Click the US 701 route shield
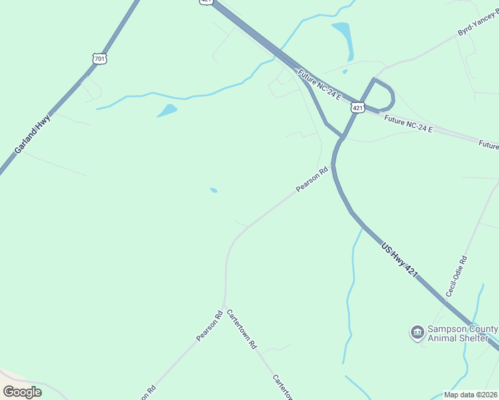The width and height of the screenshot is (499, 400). pyautogui.click(x=99, y=59)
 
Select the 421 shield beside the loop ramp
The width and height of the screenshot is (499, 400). pyautogui.click(x=358, y=107)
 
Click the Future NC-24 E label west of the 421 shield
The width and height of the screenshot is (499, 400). pyautogui.click(x=320, y=85)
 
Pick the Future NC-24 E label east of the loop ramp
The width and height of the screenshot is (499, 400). pyautogui.click(x=408, y=123)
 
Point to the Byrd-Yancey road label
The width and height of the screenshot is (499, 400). pyautogui.click(x=478, y=23)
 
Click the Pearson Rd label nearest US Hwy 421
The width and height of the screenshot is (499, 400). pyautogui.click(x=313, y=179)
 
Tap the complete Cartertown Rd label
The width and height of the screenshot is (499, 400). pyautogui.click(x=241, y=330)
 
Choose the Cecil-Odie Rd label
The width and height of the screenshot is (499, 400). pyautogui.click(x=457, y=277)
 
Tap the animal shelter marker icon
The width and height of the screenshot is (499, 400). pyautogui.click(x=417, y=332)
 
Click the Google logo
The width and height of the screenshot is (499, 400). pyautogui.click(x=22, y=391)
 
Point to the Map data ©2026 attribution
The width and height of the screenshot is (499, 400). pyautogui.click(x=471, y=395)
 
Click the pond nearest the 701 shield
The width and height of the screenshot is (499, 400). pyautogui.click(x=167, y=110)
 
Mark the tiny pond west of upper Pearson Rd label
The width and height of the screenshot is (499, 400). pyautogui.click(x=213, y=190)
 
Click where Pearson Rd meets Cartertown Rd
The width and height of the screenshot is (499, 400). pyautogui.click(x=225, y=306)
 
